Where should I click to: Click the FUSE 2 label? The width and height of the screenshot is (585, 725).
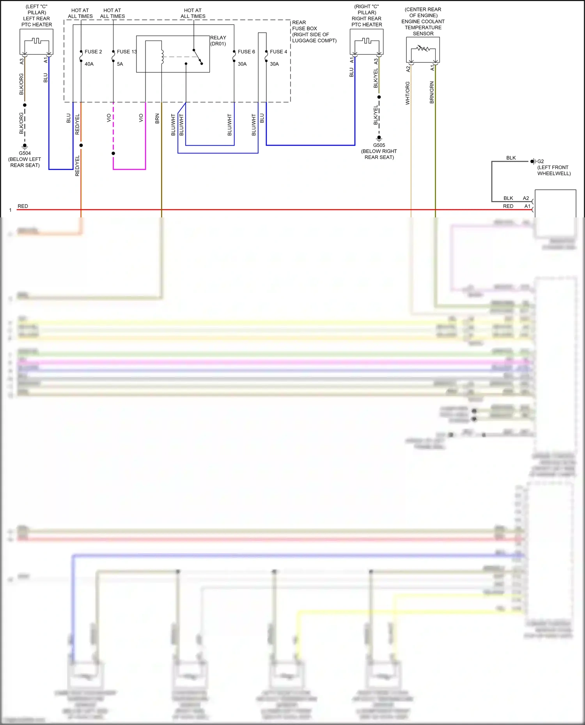tap(93, 52)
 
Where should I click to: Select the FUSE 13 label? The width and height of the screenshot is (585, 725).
tap(127, 52)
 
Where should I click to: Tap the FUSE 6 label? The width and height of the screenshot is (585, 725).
tap(246, 52)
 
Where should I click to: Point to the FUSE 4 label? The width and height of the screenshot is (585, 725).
tap(278, 52)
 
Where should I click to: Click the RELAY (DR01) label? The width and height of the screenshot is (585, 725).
tap(218, 41)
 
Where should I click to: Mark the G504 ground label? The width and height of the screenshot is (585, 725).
tap(25, 153)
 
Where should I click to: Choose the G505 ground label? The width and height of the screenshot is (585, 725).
tap(379, 145)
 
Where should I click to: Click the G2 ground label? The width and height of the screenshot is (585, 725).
tap(541, 161)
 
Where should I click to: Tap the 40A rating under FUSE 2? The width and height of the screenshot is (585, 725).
tap(89, 64)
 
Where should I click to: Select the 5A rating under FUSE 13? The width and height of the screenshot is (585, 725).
tap(120, 64)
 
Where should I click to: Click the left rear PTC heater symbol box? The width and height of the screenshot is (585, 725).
tap(36, 42)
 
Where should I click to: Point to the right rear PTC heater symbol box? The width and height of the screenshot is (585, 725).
tap(367, 42)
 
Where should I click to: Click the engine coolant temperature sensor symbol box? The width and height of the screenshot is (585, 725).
tap(423, 49)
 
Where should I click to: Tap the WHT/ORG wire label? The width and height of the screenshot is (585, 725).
tap(408, 93)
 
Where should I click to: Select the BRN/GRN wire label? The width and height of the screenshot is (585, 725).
tap(432, 92)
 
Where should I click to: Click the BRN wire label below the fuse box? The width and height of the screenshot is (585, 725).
tap(157, 118)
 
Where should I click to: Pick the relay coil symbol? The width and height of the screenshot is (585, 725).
tap(162, 57)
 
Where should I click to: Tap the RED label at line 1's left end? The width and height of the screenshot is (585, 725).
tap(23, 206)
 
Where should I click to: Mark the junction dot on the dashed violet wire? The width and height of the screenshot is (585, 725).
tap(113, 153)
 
